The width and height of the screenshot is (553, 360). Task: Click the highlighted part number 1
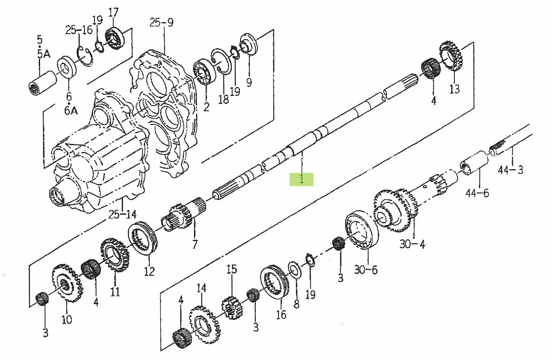tap(301, 179)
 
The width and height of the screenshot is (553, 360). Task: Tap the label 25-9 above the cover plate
tap(161, 22)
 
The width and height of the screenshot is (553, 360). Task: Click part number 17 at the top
tap(113, 12)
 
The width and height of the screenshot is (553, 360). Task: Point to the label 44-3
tap(511, 170)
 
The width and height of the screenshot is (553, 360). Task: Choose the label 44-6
tap(477, 193)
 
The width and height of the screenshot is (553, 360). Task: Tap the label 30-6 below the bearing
tap(365, 270)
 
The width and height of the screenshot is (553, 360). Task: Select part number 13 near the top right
tap(454, 89)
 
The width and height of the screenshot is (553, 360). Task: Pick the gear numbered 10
tap(67, 283)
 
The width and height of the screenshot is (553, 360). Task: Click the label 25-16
tap(79, 30)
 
